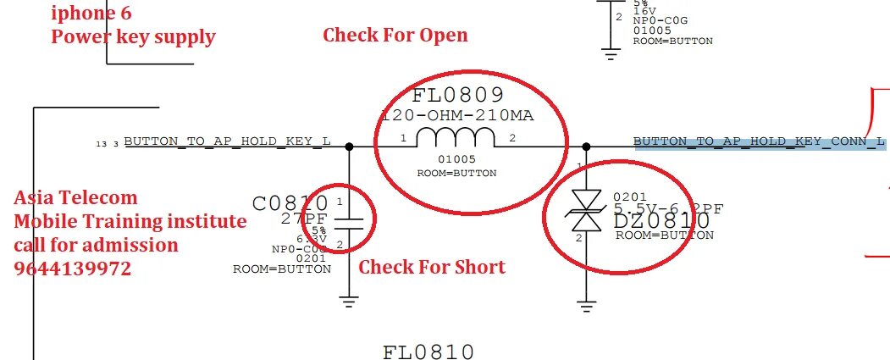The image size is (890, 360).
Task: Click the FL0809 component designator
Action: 458,95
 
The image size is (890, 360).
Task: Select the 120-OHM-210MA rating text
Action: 458,115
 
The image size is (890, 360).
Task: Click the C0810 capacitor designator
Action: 290,203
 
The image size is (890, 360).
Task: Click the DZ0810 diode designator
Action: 662,222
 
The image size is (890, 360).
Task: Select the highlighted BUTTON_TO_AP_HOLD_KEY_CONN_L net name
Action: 760,141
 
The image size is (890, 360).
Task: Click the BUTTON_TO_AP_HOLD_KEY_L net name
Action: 227,141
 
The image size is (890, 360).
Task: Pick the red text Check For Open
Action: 395,36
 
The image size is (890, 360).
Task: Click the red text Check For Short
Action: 432,268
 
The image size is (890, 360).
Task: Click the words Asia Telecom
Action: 75,198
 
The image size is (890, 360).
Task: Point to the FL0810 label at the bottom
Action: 428,351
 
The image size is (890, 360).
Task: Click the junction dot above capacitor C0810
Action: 349,146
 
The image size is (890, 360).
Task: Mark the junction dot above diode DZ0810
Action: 587,146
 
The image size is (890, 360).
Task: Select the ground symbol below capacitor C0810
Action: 349,299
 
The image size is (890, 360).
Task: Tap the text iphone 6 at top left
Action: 91,14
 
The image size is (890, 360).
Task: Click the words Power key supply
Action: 133,37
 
